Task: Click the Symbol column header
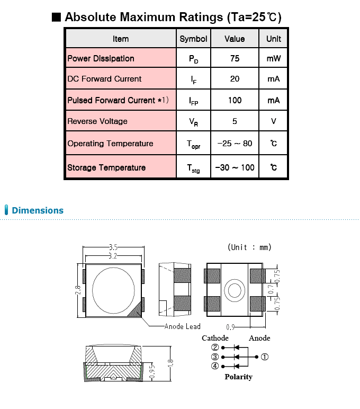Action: point(193,39)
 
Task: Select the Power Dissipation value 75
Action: point(235,58)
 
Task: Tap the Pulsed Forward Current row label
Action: point(118,100)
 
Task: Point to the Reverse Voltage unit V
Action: point(274,121)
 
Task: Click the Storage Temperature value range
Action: point(235,167)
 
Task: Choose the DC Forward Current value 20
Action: point(235,79)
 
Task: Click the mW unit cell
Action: point(274,58)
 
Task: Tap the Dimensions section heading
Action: point(38,210)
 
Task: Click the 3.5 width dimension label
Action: point(113,247)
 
